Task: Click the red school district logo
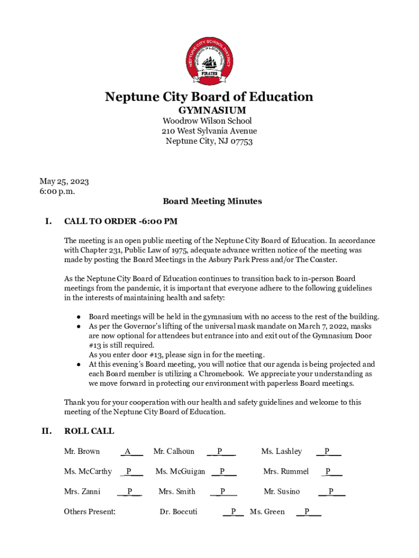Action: pos(209,62)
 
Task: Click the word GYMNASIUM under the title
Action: pos(209,111)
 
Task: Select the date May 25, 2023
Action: pos(64,181)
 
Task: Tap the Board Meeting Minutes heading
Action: pos(212,201)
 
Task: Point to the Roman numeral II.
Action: pos(47,431)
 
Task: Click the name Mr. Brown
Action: pos(82,451)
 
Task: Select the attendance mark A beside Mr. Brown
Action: pos(127,451)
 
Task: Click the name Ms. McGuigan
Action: pos(180,471)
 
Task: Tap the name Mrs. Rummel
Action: pos(286,471)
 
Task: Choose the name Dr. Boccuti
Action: pos(178,512)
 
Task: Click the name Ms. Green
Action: pos(267,512)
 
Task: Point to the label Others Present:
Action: pos(90,512)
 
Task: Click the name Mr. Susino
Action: pos(281,492)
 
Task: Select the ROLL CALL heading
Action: pos(89,431)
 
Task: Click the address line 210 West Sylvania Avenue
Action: pos(209,131)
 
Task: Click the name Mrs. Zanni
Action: pos(82,492)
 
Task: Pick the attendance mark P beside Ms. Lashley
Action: pos(326,451)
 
